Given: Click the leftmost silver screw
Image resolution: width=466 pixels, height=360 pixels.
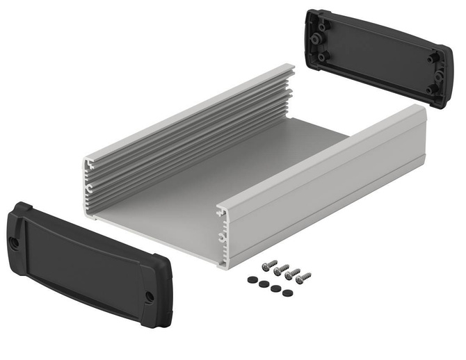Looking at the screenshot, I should tap(267, 265).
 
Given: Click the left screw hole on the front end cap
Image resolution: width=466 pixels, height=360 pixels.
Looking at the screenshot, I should tap(15, 243).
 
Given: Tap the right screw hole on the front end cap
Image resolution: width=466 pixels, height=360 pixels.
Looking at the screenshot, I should tap(149, 297).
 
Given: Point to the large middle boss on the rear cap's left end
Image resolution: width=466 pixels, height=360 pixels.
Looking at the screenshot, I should tap(323, 39).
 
